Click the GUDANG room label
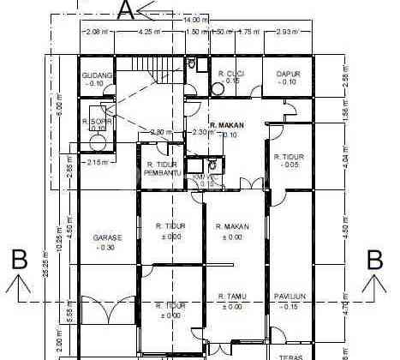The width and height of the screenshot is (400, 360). coord(97,75)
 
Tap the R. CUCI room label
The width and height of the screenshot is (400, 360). coord(231,74)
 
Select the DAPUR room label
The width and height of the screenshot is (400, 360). coord(288,74)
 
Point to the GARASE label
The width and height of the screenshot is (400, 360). coord(107,237)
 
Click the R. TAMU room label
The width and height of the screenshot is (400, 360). coord(231,297)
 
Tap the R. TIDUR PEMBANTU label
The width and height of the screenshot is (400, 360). coord(163,169)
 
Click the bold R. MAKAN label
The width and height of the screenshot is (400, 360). coord(225,125)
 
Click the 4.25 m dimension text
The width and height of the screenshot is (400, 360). coord(149,32)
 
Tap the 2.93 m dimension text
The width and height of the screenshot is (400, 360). coord(287,32)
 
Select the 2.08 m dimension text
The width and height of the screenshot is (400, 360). coord(97,32)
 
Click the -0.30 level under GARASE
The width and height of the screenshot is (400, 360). coord(107,248)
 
